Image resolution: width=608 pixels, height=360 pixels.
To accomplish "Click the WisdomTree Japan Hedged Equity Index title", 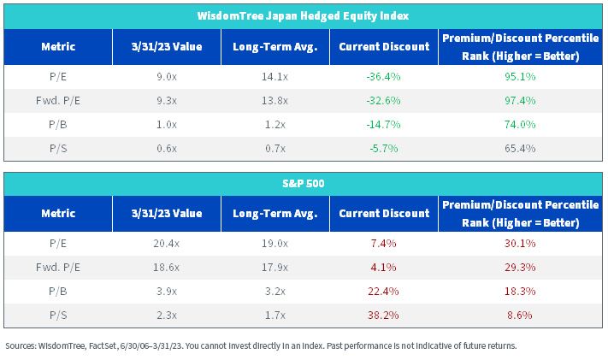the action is (x=303, y=16).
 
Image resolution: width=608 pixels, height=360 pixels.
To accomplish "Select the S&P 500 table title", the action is (x=303, y=183).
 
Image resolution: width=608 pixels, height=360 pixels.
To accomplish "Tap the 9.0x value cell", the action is (x=167, y=76).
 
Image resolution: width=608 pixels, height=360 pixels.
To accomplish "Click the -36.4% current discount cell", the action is (x=383, y=76).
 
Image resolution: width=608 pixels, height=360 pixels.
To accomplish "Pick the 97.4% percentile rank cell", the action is (x=520, y=100).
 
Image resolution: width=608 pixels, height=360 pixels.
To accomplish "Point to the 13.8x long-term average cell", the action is (x=274, y=100).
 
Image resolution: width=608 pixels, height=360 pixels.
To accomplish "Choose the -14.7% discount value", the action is (x=383, y=125).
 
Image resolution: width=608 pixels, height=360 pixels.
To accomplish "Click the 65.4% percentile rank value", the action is (x=520, y=148).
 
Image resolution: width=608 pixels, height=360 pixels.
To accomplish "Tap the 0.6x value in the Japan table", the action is (x=167, y=148).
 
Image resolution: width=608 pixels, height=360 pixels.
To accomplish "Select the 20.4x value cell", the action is (x=167, y=243).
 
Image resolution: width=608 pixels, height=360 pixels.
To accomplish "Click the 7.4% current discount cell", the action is (x=383, y=243).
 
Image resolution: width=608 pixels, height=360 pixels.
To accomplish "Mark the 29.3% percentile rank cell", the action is (x=520, y=268).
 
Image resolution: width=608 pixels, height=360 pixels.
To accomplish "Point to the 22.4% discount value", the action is (x=383, y=292).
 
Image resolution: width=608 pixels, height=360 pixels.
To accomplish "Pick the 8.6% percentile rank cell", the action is (x=520, y=315).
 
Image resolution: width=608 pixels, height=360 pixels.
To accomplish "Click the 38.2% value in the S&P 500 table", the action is (x=383, y=315).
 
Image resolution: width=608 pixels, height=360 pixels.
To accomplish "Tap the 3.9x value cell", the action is (x=167, y=292).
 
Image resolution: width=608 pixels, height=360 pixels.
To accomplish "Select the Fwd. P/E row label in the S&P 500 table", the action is (x=58, y=268).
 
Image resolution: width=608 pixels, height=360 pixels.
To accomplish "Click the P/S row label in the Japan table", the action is (x=58, y=148).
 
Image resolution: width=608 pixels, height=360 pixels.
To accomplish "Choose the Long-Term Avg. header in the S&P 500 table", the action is (x=274, y=214).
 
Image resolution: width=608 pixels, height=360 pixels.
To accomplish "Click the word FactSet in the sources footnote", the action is (x=103, y=345).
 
